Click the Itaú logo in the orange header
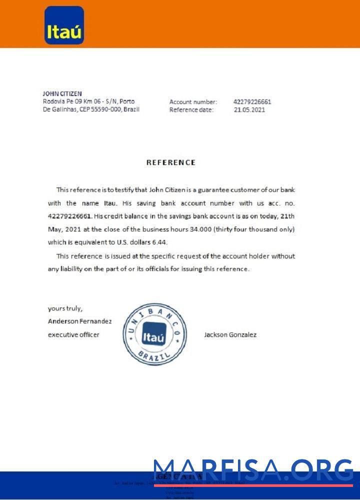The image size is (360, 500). (x=64, y=25)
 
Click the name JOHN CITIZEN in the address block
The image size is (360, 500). (x=62, y=93)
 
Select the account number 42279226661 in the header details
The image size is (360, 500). (x=252, y=102)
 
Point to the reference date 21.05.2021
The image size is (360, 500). (x=249, y=110)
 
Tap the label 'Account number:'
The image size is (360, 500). (x=193, y=102)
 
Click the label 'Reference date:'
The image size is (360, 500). (x=191, y=110)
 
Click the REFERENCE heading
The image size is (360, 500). (x=170, y=162)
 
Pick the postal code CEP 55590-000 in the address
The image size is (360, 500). (x=100, y=109)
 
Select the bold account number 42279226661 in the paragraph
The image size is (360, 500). (x=69, y=216)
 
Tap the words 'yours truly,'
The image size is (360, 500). (x=65, y=308)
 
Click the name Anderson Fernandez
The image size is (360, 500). (x=79, y=321)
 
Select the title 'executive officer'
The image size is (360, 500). (x=73, y=334)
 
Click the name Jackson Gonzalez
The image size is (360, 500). (x=230, y=334)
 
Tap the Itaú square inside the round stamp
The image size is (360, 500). (x=154, y=338)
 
